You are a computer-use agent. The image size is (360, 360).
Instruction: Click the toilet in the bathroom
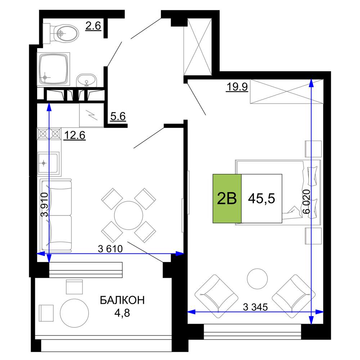click(x=61, y=33)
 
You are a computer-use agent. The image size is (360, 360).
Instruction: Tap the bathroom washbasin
click(x=86, y=80)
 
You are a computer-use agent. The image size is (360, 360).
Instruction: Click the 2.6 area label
click(x=93, y=26)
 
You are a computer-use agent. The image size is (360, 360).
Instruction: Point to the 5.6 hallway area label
click(x=118, y=116)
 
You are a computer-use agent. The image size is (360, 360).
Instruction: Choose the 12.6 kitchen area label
click(x=75, y=135)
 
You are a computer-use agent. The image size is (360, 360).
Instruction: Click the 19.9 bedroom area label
click(x=237, y=87)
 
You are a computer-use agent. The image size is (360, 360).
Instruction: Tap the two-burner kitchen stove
click(x=49, y=134)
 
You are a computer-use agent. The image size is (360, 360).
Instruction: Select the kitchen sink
click(x=49, y=163)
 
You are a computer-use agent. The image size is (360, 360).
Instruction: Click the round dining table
click(x=129, y=215)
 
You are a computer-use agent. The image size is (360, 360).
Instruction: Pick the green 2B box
click(x=227, y=199)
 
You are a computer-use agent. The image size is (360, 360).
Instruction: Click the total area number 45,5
click(x=261, y=198)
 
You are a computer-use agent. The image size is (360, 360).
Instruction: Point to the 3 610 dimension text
click(x=111, y=249)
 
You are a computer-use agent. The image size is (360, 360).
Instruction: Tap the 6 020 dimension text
click(x=306, y=202)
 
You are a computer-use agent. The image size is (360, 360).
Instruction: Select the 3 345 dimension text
click(x=255, y=307)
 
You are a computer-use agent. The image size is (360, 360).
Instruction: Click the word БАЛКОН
click(x=122, y=300)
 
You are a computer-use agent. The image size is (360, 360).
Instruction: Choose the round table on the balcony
click(x=75, y=313)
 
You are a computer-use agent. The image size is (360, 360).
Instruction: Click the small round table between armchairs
click(x=257, y=279)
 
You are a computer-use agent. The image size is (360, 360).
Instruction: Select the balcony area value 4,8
click(x=122, y=313)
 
